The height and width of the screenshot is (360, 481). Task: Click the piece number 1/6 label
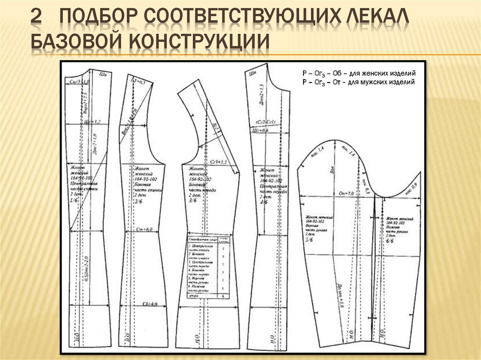[x=74, y=200]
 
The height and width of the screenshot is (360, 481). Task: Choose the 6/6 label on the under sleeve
[x=390, y=240]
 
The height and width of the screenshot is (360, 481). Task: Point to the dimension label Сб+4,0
[x=148, y=304]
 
